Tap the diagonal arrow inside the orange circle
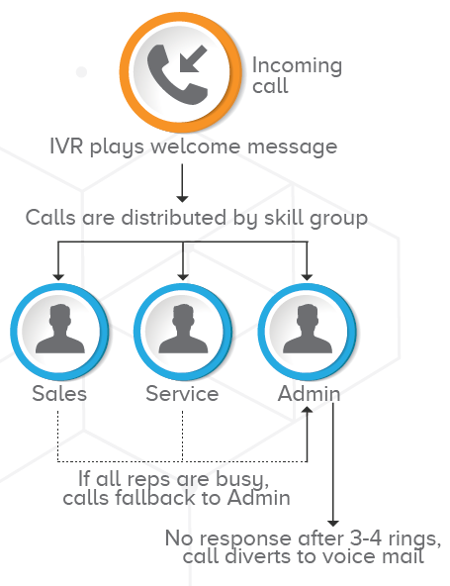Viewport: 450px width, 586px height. tap(193, 59)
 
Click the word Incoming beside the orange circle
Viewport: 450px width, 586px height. tap(297, 66)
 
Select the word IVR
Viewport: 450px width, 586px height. tap(66, 146)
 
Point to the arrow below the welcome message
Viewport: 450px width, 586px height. tap(182, 183)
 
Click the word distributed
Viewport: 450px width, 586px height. tap(174, 217)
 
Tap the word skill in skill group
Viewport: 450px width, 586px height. tap(284, 217)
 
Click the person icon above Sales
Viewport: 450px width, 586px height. tap(59, 329)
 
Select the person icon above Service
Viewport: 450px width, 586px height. tap(183, 329)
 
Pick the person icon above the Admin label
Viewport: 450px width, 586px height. tap(307, 329)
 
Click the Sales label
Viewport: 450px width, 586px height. tap(59, 394)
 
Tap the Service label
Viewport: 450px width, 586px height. tap(182, 394)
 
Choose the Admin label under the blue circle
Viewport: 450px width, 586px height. tap(310, 394)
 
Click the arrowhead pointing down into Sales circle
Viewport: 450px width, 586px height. tap(58, 277)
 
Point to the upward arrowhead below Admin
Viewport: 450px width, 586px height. tap(307, 410)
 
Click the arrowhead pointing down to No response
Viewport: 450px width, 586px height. tap(333, 524)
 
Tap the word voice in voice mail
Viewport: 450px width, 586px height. tap(348, 556)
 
